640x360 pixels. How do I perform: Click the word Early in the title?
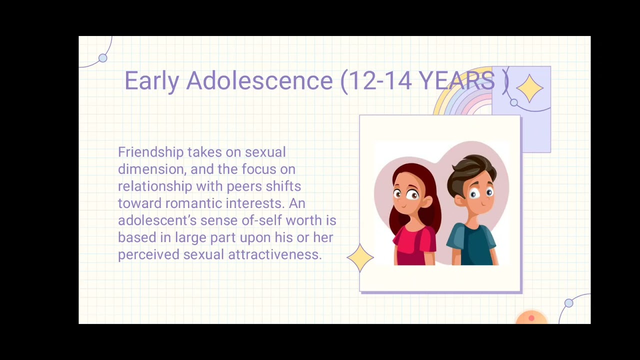151,81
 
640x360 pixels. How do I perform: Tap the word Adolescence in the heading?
259,81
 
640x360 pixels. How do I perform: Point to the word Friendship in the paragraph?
150,152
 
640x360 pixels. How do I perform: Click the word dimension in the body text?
150,169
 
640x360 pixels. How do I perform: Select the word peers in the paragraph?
244,186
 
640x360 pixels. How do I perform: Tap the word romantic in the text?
193,203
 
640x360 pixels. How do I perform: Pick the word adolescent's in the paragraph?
157,220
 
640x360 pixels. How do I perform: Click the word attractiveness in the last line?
274,254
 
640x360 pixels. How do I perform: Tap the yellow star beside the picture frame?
360,257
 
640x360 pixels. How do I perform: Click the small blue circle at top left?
103,58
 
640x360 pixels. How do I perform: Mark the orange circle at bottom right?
531,318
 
